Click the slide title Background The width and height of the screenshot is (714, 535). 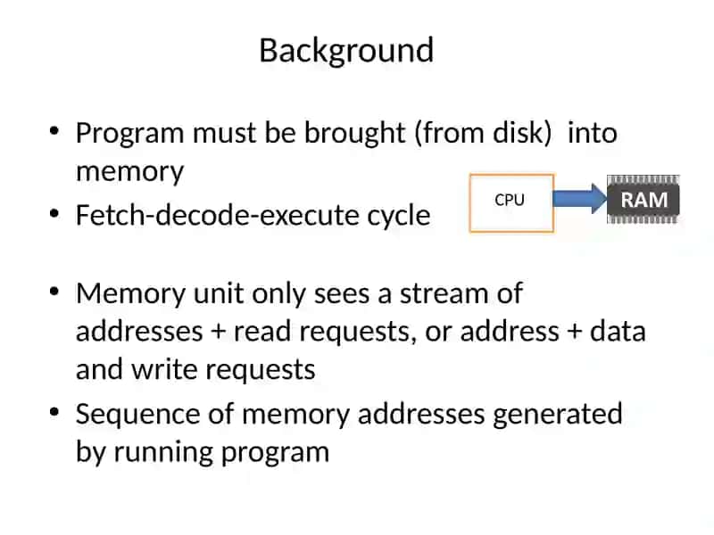pyautogui.click(x=346, y=51)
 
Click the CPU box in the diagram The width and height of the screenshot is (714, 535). pyautogui.click(x=511, y=203)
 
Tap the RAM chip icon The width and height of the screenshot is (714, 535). pyautogui.click(x=643, y=200)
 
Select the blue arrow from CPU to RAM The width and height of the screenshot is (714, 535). pyautogui.click(x=580, y=199)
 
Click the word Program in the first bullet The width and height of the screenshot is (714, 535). pyautogui.click(x=129, y=134)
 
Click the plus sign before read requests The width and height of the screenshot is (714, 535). pyautogui.click(x=219, y=332)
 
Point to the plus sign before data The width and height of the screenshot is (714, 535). pyautogui.click(x=575, y=332)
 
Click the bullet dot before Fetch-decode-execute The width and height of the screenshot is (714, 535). pyautogui.click(x=54, y=213)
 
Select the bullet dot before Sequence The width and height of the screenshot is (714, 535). pyautogui.click(x=54, y=412)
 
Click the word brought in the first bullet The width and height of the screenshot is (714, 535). pyautogui.click(x=354, y=134)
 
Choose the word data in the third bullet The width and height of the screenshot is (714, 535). pyautogui.click(x=618, y=331)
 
